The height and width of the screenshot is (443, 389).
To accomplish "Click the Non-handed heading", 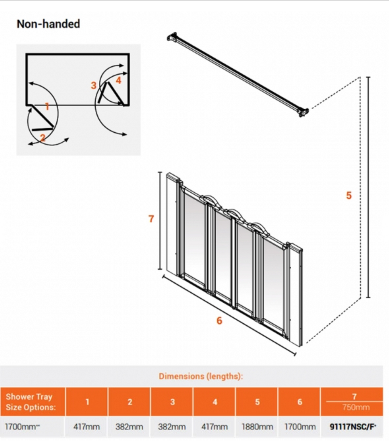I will tap(48, 24).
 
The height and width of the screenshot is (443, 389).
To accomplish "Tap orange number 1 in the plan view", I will tap(47, 106).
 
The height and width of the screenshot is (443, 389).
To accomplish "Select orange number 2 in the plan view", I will tap(43, 138).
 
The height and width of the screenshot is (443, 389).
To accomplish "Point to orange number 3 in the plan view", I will tap(93, 85).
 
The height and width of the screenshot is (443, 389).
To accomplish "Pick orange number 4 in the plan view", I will tap(119, 80).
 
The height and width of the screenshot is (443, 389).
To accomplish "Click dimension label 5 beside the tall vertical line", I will tap(349, 195).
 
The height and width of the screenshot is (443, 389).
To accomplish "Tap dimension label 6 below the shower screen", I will tap(219, 320).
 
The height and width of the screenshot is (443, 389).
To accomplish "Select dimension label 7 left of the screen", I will tap(151, 219).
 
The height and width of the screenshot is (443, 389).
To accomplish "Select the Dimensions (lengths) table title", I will tap(201, 376).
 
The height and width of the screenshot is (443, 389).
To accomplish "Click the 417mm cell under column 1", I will tap(87, 427).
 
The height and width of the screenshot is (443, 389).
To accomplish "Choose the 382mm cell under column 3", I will tap(172, 427).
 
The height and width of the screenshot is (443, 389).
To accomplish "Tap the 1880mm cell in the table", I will tap(257, 427).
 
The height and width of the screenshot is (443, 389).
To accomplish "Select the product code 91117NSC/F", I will tap(353, 427).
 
